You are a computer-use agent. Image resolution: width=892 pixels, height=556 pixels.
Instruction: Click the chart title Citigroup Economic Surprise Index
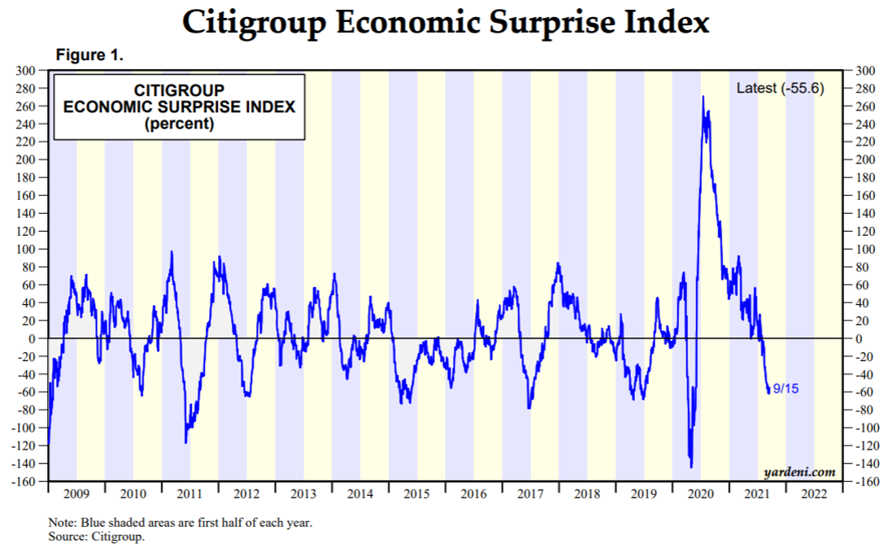pos(446,22)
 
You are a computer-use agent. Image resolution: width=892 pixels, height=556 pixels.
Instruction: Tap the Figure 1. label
pos(89,56)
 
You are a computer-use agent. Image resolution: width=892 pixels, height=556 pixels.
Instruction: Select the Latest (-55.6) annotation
pos(780,88)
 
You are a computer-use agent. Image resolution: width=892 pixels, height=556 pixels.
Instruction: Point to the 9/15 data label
pos(785,389)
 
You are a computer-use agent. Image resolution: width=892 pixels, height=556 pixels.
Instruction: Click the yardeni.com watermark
pos(799,471)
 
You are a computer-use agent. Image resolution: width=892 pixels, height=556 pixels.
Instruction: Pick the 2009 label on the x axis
pos(76,493)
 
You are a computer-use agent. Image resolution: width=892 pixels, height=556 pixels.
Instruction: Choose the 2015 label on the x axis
pos(416,493)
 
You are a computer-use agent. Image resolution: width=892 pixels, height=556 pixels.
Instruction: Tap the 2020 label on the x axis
pos(700,493)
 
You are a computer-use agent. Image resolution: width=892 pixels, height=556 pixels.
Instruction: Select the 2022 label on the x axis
pos(814,493)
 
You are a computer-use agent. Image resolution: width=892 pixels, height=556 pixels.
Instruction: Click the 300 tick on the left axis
pos(28,71)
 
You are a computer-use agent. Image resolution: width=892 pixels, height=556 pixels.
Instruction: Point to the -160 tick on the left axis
pos(25,481)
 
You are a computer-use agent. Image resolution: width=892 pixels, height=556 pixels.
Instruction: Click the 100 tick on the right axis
pos(863,249)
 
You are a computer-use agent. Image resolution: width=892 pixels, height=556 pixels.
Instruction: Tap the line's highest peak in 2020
pos(703,97)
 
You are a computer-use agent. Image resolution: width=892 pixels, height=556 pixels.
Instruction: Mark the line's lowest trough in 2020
pos(691,467)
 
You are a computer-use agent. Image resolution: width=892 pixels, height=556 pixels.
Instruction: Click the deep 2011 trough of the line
pos(185,442)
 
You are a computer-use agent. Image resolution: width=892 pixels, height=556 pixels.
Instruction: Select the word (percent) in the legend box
pos(178,124)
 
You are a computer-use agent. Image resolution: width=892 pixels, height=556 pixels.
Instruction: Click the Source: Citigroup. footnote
pos(96,536)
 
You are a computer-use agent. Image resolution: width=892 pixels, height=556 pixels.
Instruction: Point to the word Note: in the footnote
pos(62,523)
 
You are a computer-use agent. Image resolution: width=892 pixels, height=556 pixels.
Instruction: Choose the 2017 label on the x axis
pos(530,493)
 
